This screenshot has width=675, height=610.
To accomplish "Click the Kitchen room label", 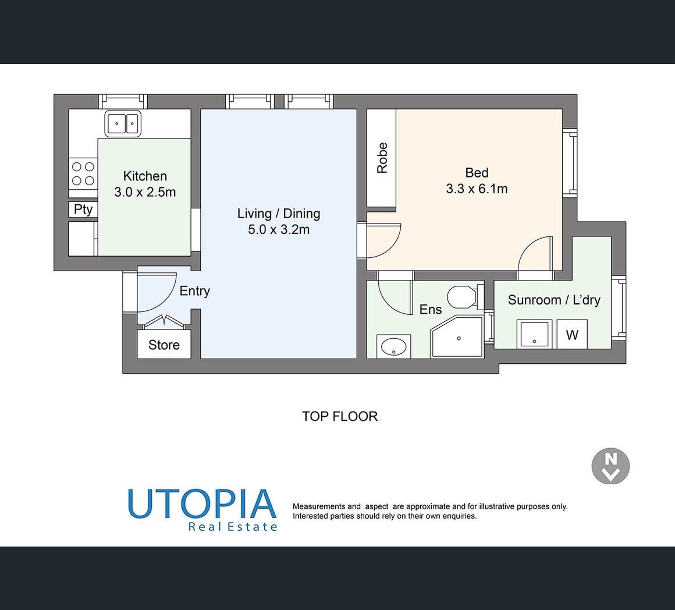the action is click(x=145, y=176).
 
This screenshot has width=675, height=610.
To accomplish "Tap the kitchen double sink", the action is click(x=123, y=123).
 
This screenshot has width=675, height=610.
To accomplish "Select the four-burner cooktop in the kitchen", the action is click(x=83, y=173).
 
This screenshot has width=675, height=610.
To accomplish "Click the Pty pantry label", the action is click(x=83, y=209).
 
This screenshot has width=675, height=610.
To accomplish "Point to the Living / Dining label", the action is click(x=279, y=214).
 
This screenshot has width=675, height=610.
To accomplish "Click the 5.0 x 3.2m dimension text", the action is click(x=279, y=229).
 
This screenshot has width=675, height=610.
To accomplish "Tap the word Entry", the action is click(x=194, y=291).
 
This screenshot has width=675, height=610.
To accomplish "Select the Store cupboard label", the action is click(x=164, y=345).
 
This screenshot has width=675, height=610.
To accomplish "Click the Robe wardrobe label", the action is click(x=382, y=158).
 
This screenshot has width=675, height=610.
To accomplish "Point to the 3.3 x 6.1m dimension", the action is click(x=477, y=189).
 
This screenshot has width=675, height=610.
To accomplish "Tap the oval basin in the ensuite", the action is click(x=394, y=346).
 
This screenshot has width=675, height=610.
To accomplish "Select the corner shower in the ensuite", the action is click(x=457, y=336).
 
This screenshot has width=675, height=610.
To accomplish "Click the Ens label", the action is click(x=431, y=310).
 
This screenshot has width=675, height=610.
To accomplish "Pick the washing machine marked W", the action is click(x=572, y=334).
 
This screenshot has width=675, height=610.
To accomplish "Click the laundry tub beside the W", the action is click(x=534, y=334).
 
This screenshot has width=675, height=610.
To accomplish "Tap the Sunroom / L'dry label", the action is click(x=554, y=300).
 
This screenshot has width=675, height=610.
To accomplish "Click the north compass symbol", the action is click(x=610, y=466).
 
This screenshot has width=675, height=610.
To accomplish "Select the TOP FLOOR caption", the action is click(x=340, y=416).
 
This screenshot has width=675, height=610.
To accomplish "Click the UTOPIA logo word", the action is click(x=202, y=503).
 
